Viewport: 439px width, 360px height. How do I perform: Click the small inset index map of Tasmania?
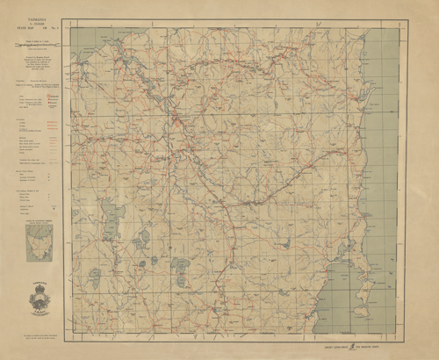point(39,238)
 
